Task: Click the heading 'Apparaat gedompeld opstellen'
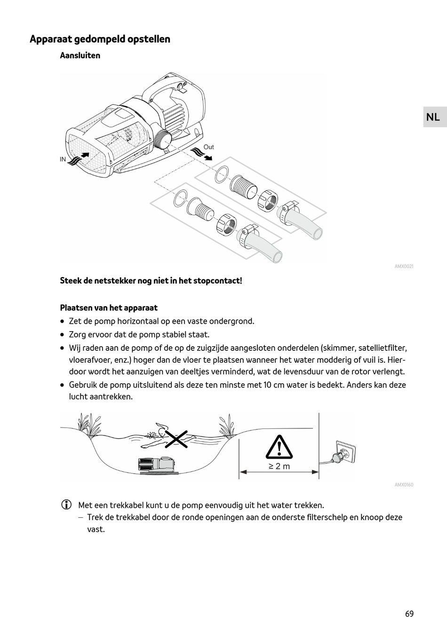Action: pos(100,39)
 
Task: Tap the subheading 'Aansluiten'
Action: pos(80,55)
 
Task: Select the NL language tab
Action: pos(433,117)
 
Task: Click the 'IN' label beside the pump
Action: pos(63,159)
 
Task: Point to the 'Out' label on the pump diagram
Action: pos(208,147)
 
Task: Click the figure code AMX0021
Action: pos(404,267)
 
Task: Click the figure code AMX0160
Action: pos(404,485)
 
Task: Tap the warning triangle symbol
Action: pos(279,447)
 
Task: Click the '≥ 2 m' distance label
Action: pos(279,466)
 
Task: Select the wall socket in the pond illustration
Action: pos(346,452)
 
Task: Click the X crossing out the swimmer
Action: pos(176,439)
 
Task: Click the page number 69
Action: pos(409,614)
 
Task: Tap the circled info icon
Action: pos(66,505)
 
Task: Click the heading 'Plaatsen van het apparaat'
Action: pos(109,308)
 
